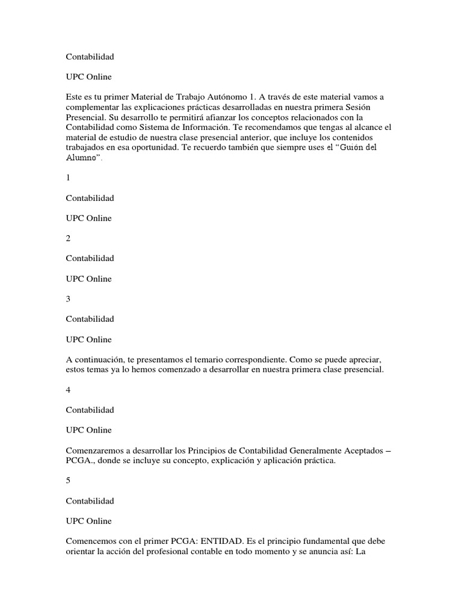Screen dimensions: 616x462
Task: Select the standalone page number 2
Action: tap(69, 238)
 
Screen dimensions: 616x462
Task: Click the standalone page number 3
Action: tap(69, 299)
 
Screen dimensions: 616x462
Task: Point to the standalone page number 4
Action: tap(69, 390)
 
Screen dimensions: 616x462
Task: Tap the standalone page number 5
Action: tap(69, 481)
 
